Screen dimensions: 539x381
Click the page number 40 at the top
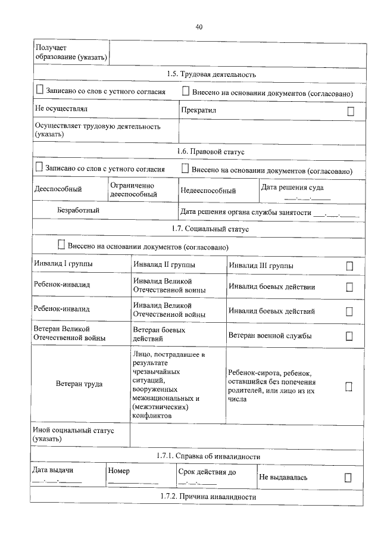pos(199,27)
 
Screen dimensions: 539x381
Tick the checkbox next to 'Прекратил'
pos(351,111)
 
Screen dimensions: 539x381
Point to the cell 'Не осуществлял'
pos(61,110)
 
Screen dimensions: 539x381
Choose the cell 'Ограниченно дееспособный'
pos(133,190)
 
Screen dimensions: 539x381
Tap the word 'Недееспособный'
pos(208,191)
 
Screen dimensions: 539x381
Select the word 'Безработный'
pos(79,210)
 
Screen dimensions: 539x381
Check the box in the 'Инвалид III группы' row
pos(349,266)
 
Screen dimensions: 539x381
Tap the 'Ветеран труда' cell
pos(79,384)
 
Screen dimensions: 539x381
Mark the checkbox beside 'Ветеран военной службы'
pos(349,336)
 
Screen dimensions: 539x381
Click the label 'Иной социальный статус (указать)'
pos(74,434)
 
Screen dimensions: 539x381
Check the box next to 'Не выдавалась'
pos(348,477)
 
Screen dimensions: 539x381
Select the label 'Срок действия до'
pos(207,472)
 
